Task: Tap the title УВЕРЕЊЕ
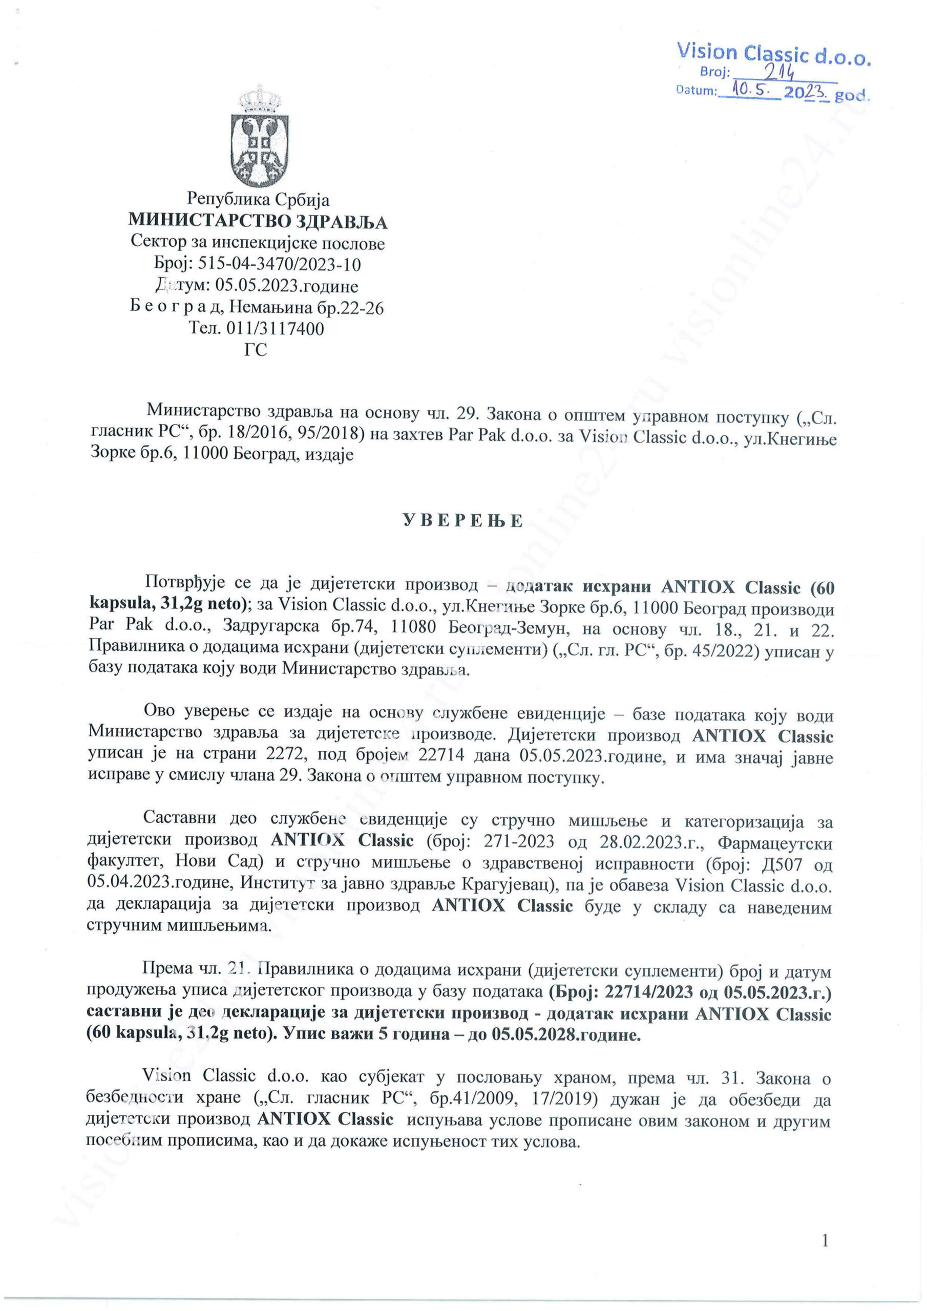[462, 521]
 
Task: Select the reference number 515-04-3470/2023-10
[279, 264]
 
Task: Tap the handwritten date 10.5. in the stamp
[751, 90]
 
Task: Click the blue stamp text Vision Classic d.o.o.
[773, 54]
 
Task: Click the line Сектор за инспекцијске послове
[258, 243]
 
